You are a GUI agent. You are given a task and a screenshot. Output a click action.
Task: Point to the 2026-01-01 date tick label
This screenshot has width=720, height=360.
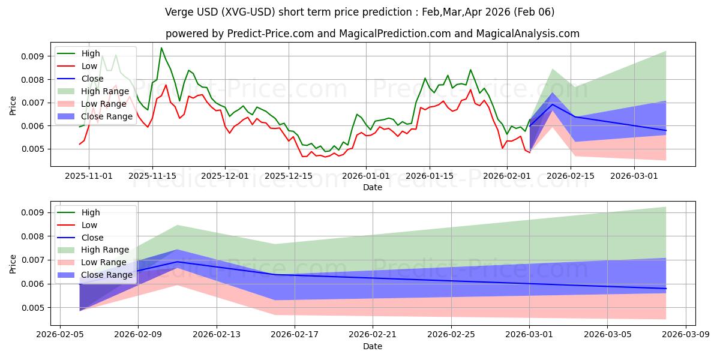(366, 176)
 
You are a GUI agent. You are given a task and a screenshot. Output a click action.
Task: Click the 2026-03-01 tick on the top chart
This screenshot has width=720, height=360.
(635, 176)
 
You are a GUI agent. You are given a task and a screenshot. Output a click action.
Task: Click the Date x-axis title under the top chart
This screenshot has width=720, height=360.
(373, 187)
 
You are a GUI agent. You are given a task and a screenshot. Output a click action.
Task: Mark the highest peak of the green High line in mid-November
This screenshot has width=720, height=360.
(161, 48)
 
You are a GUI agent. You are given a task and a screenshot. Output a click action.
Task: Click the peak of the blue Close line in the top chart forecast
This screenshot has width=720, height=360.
(552, 104)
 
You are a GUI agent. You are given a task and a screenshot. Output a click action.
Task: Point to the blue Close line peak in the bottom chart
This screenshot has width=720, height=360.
(177, 262)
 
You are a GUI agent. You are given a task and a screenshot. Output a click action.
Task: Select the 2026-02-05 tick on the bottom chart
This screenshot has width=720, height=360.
(59, 335)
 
